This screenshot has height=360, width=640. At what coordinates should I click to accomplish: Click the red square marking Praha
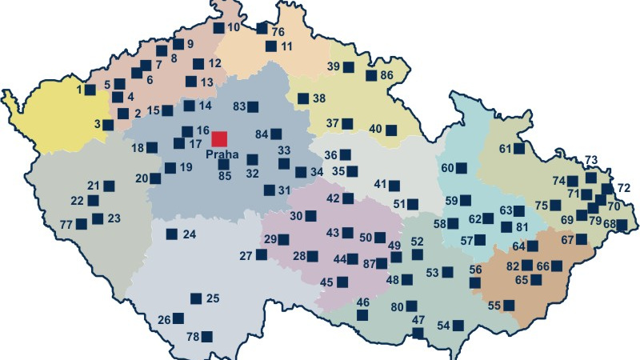click(x=219, y=138)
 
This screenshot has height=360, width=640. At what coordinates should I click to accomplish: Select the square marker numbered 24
click(x=171, y=234)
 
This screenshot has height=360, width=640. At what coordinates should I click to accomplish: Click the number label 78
click(x=192, y=337)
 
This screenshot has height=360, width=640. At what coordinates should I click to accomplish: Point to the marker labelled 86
click(x=371, y=75)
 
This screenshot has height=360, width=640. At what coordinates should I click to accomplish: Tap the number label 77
click(x=66, y=224)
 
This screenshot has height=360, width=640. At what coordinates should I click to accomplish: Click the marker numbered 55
click(x=509, y=305)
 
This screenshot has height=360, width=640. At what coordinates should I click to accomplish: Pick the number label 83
click(x=238, y=106)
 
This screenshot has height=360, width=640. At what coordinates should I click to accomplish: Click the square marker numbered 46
click(x=362, y=315)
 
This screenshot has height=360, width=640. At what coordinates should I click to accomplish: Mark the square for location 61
click(x=518, y=149)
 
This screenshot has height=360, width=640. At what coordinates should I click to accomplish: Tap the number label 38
click(x=318, y=98)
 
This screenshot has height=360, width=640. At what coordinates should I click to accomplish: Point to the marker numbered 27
click(x=261, y=254)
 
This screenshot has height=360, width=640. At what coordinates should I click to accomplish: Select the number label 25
click(x=212, y=298)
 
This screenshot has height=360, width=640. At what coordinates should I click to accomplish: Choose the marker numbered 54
click(x=458, y=326)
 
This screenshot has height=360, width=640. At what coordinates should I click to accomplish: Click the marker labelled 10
click(x=219, y=27)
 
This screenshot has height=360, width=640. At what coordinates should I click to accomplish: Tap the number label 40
click(x=375, y=129)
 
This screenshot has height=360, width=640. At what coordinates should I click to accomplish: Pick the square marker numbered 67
click(x=582, y=239)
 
